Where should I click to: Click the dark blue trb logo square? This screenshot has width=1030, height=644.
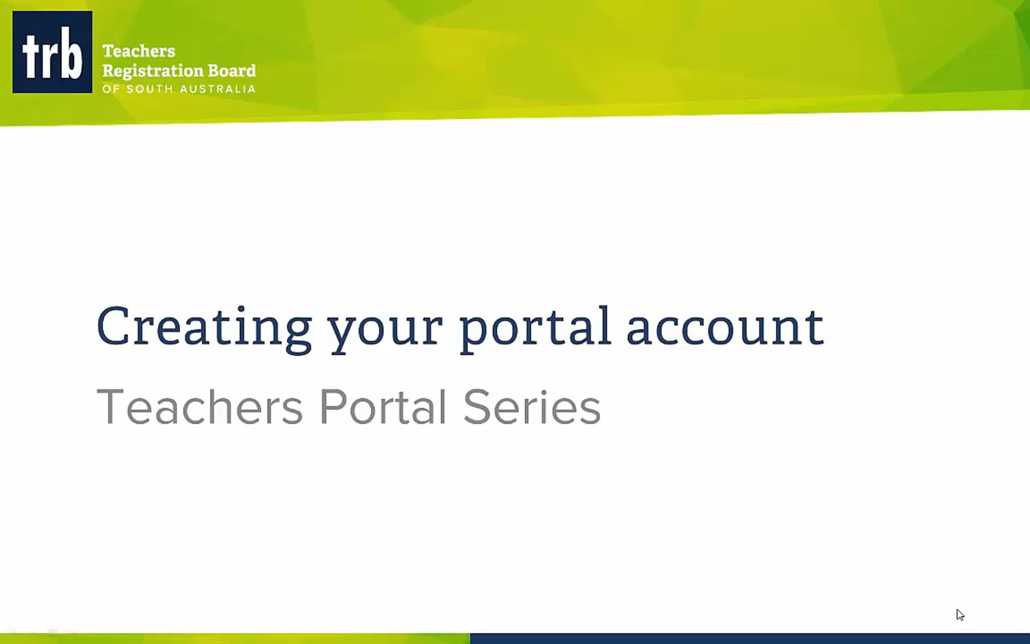tap(52, 52)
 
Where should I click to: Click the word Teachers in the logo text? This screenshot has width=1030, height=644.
tap(139, 51)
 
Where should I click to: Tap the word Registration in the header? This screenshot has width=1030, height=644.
tap(152, 71)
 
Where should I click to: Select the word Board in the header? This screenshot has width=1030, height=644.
tap(232, 70)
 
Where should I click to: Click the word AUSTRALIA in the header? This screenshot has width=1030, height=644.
tap(218, 89)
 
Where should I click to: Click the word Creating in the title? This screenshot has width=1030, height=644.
tap(204, 326)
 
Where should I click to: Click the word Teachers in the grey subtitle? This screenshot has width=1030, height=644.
tap(200, 407)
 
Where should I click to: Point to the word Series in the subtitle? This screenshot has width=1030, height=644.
tap(532, 407)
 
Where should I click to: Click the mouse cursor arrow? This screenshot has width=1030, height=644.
tap(960, 614)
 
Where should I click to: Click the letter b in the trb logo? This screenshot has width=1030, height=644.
tap(72, 54)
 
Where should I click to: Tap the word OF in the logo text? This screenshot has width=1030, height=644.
tap(110, 89)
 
